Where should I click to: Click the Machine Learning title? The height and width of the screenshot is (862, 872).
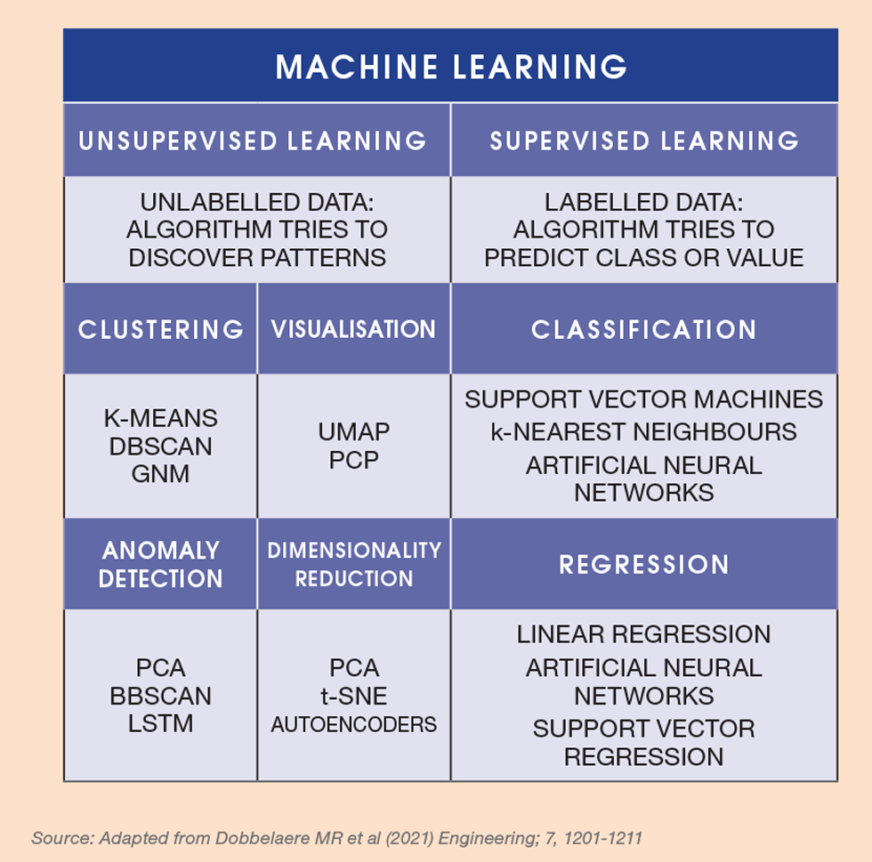click(x=451, y=67)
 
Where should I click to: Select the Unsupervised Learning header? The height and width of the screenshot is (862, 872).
click(x=253, y=141)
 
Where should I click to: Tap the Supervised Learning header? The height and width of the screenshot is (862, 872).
click(x=644, y=141)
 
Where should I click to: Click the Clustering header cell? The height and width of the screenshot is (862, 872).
click(x=160, y=329)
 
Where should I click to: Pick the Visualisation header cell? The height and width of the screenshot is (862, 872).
click(x=353, y=329)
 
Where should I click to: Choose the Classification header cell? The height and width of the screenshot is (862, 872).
click(x=644, y=329)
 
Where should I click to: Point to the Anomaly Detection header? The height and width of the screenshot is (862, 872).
click(x=160, y=564)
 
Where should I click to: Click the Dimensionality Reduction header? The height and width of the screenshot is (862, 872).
click(x=353, y=564)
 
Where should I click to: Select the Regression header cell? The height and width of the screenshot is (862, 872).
click(x=644, y=564)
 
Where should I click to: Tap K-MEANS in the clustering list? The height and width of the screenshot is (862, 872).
click(x=160, y=418)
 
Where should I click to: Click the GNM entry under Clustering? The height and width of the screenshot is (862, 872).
click(x=160, y=473)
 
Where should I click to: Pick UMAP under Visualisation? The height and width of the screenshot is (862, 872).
click(x=353, y=432)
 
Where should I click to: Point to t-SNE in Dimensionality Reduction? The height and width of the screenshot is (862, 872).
click(x=353, y=695)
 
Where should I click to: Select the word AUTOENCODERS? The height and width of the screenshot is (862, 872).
click(x=353, y=724)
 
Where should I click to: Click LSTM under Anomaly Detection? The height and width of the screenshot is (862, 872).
click(x=160, y=723)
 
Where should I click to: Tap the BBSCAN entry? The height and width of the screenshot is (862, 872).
click(x=160, y=696)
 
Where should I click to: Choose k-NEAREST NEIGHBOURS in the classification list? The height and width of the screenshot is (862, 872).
click(x=644, y=432)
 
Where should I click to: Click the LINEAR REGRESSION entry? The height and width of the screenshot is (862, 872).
click(x=644, y=634)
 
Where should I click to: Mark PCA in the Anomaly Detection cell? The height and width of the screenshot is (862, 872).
click(x=160, y=667)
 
